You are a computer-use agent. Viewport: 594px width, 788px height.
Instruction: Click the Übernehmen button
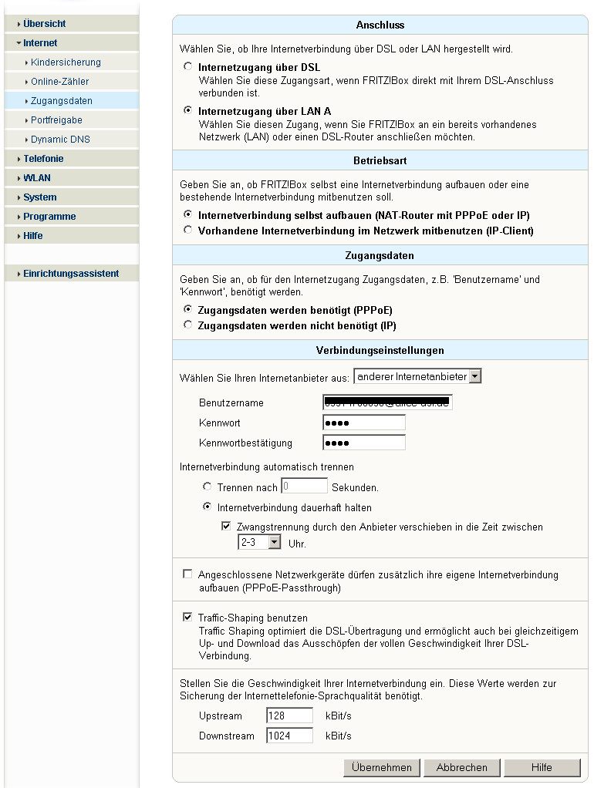pyautogui.click(x=382, y=767)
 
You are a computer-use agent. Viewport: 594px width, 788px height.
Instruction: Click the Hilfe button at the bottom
pyautogui.click(x=542, y=767)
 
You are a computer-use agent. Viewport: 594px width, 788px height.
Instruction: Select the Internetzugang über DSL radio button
pyautogui.click(x=187, y=67)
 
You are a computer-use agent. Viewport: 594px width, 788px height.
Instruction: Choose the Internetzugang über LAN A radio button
pyautogui.click(x=187, y=111)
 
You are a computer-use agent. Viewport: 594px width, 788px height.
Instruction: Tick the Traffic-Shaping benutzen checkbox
pyautogui.click(x=187, y=618)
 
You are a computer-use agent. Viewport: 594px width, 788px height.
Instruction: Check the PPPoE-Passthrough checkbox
pyautogui.click(x=187, y=574)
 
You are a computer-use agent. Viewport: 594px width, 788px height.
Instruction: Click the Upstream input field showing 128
pyautogui.click(x=289, y=716)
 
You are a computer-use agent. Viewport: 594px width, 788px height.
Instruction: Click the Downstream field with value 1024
pyautogui.click(x=289, y=736)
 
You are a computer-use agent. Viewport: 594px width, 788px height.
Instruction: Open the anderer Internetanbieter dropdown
pyautogui.click(x=417, y=376)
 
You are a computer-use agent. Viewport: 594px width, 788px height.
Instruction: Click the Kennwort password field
pyautogui.click(x=363, y=423)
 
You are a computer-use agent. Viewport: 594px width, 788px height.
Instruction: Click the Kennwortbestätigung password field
pyautogui.click(x=363, y=443)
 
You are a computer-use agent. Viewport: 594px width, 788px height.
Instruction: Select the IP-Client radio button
pyautogui.click(x=187, y=230)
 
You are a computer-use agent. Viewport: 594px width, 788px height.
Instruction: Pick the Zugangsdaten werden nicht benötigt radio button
pyautogui.click(x=187, y=325)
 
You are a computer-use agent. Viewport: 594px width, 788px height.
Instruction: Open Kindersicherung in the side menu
pyautogui.click(x=66, y=62)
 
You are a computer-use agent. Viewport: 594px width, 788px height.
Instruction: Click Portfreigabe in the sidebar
pyautogui.click(x=56, y=120)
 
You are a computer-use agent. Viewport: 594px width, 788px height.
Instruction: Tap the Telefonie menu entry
pyautogui.click(x=43, y=159)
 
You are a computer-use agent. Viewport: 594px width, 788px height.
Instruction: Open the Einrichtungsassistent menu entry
pyautogui.click(x=71, y=274)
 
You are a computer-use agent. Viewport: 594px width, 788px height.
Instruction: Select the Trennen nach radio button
pyautogui.click(x=207, y=487)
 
